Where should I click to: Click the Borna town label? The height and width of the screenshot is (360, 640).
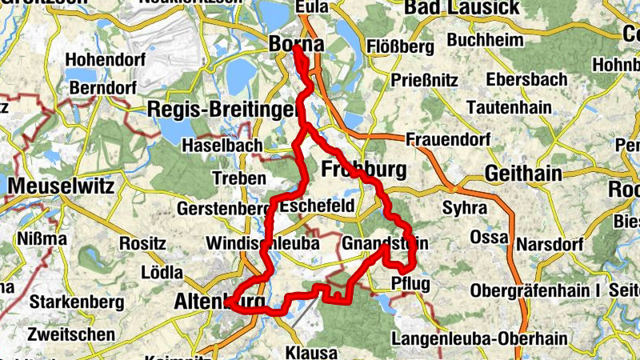pyautogui.click(x=297, y=45)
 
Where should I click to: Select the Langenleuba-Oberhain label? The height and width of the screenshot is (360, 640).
pyautogui.click(x=480, y=338)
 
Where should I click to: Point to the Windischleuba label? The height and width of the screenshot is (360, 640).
pyautogui.click(x=262, y=242)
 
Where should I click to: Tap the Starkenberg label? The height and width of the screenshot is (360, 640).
pyautogui.click(x=77, y=302)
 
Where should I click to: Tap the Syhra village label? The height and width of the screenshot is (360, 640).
pyautogui.click(x=464, y=207)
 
